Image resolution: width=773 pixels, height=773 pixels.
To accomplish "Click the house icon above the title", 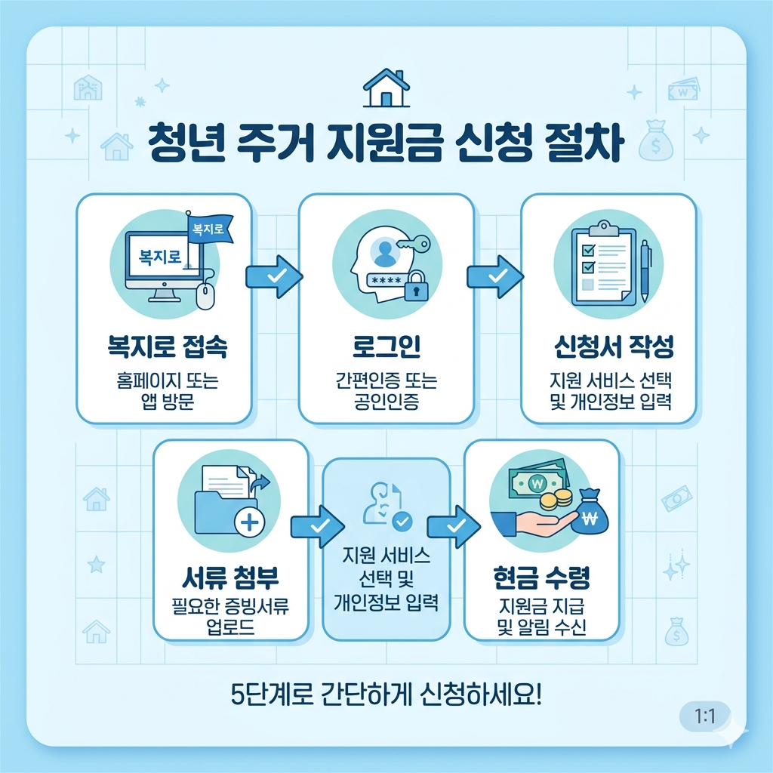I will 386,88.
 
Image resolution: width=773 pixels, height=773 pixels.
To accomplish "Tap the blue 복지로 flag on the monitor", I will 208,229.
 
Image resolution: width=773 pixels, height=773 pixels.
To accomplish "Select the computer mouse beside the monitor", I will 205,295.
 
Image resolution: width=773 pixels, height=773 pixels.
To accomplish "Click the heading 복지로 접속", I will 163,347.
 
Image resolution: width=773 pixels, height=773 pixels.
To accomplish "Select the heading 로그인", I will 386,347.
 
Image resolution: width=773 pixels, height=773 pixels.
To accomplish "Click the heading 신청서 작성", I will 609,347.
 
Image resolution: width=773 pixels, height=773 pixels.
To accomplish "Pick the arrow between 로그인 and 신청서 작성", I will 495,277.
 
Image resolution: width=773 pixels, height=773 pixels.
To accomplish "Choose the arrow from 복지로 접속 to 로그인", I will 273,277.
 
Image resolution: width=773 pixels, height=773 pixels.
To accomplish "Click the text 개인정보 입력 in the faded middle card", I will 386,604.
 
